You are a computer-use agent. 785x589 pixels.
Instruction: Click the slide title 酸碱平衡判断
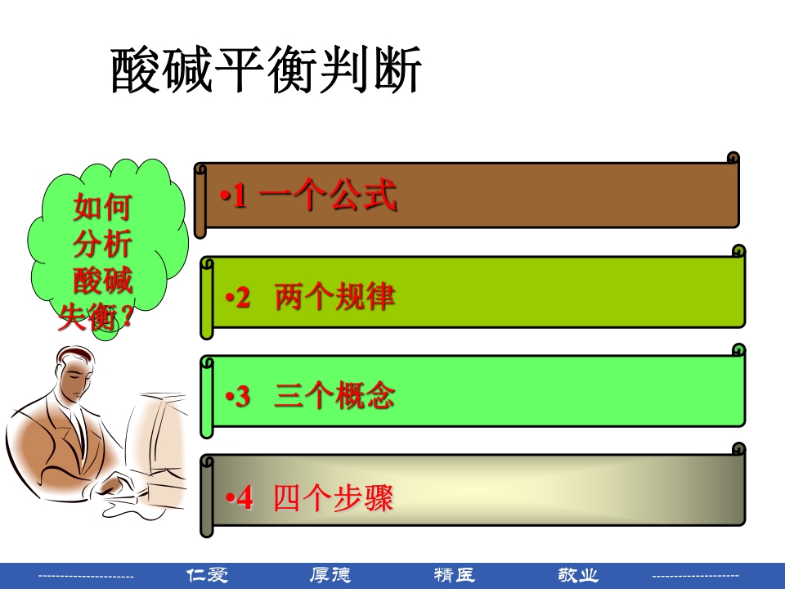point(266,70)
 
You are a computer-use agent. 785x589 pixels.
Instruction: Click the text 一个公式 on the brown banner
point(328,196)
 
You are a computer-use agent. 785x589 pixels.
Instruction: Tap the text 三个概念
point(335,397)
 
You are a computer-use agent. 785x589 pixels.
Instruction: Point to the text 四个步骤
point(334,497)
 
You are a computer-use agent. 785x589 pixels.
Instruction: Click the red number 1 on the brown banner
point(239,196)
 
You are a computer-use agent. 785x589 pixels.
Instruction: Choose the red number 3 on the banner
point(243,398)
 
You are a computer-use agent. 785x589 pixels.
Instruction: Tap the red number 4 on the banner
point(244,498)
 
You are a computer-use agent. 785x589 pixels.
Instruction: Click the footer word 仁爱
point(208,575)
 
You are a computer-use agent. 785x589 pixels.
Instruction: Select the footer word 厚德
point(330,575)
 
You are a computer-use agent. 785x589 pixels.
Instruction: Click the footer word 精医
point(455,575)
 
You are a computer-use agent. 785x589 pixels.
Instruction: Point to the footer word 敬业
point(578,575)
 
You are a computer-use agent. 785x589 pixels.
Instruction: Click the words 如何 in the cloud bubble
point(102,208)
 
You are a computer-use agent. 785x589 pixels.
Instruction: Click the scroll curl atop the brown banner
point(733,158)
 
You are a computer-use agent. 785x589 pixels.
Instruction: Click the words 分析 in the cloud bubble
point(102,245)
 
